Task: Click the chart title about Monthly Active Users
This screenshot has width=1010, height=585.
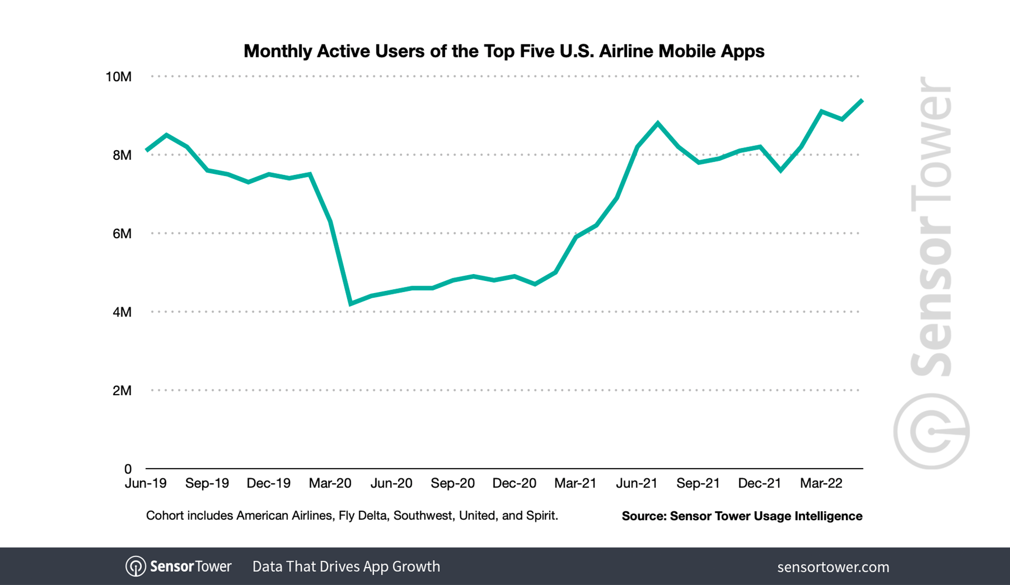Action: click(x=503, y=51)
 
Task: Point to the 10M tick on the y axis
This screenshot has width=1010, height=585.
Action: click(x=118, y=77)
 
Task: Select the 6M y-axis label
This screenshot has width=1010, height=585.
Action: click(x=122, y=233)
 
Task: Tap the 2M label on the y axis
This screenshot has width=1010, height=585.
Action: click(x=122, y=391)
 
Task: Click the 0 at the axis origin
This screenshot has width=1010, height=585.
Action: click(x=128, y=469)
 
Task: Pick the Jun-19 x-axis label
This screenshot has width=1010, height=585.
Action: click(x=146, y=483)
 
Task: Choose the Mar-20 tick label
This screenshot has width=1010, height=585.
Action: click(x=330, y=483)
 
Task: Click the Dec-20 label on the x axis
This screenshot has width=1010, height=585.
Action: click(x=514, y=483)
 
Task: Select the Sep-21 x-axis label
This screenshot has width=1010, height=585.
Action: click(x=698, y=483)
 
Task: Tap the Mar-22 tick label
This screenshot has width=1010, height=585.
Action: click(x=821, y=483)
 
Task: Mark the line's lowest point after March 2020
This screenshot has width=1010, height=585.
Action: click(x=351, y=304)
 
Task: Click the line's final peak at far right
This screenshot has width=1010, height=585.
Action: click(x=862, y=100)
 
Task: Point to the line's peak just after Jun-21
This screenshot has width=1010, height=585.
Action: click(x=658, y=123)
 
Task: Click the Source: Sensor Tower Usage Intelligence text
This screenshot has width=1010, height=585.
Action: click(x=741, y=516)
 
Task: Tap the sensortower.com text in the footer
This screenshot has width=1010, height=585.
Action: click(x=833, y=567)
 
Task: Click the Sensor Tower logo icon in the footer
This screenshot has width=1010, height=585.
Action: click(x=135, y=567)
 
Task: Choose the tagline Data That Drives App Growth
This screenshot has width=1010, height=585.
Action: click(x=346, y=567)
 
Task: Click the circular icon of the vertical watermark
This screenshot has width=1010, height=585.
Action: click(x=931, y=431)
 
